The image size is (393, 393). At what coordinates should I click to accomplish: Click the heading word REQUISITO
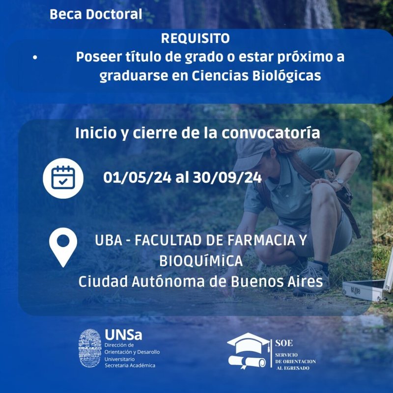(x=196, y=38)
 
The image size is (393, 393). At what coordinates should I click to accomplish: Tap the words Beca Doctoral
(x=96, y=14)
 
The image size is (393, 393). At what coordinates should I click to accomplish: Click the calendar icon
(x=62, y=177)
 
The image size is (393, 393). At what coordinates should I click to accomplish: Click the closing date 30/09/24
(x=227, y=177)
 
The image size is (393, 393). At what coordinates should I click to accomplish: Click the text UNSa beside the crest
(x=123, y=335)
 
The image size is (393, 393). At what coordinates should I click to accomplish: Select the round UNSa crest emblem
(x=90, y=349)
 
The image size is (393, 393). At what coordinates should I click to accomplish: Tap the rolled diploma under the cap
(x=247, y=362)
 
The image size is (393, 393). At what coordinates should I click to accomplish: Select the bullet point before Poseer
(x=35, y=57)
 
